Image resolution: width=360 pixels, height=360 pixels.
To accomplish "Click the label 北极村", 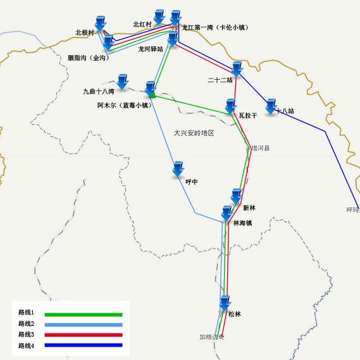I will coord(84,32).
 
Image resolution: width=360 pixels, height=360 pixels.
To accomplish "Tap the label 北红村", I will coord(142,24).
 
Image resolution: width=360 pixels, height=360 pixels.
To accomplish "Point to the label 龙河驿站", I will coord(151,48).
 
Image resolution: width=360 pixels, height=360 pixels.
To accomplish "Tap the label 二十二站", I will coord(220,80).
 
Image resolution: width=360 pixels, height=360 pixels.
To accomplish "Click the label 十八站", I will coord(285,111).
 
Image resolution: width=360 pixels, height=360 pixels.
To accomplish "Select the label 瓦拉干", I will coord(248,116).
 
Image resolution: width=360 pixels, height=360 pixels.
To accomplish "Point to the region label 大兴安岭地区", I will coord(194,133).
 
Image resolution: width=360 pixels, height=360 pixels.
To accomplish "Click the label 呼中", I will coord(192,182).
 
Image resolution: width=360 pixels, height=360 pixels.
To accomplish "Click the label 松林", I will coord(235,314).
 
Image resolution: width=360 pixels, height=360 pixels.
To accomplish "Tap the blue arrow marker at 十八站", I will coord(272,106).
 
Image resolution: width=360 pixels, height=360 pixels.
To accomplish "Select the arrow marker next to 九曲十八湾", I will coord(122,82).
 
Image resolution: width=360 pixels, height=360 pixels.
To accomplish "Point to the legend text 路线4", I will coord(26,345).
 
